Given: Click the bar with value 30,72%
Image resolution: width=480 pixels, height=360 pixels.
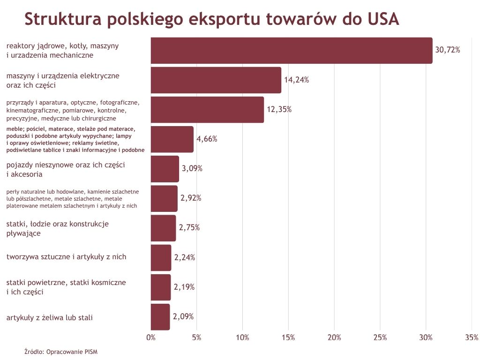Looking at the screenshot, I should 291,50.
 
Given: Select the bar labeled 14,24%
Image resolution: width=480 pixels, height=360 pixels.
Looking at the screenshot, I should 216,80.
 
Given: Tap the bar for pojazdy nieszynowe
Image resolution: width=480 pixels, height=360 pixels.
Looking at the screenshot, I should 165,169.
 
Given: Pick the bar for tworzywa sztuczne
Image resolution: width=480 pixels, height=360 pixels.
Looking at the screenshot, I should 161,257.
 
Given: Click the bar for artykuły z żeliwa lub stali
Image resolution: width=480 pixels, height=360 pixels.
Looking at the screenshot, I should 160,317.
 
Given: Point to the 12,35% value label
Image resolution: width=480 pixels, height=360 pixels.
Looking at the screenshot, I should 279,109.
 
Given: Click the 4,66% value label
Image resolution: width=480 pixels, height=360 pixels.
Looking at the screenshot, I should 207,139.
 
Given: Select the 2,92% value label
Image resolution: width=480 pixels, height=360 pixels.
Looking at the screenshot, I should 191,198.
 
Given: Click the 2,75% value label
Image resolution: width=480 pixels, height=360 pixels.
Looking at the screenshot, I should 189,228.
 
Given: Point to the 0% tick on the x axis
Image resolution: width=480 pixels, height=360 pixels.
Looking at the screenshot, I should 151,337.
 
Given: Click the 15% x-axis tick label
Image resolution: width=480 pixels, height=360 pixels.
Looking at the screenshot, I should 288,337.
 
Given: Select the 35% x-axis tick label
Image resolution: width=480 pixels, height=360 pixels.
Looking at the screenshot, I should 471,337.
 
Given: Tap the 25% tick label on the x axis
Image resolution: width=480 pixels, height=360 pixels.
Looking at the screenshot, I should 380,337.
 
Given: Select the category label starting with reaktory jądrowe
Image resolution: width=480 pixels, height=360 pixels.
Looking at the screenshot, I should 62,50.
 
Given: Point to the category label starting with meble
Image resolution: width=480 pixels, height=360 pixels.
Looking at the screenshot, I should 75,139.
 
